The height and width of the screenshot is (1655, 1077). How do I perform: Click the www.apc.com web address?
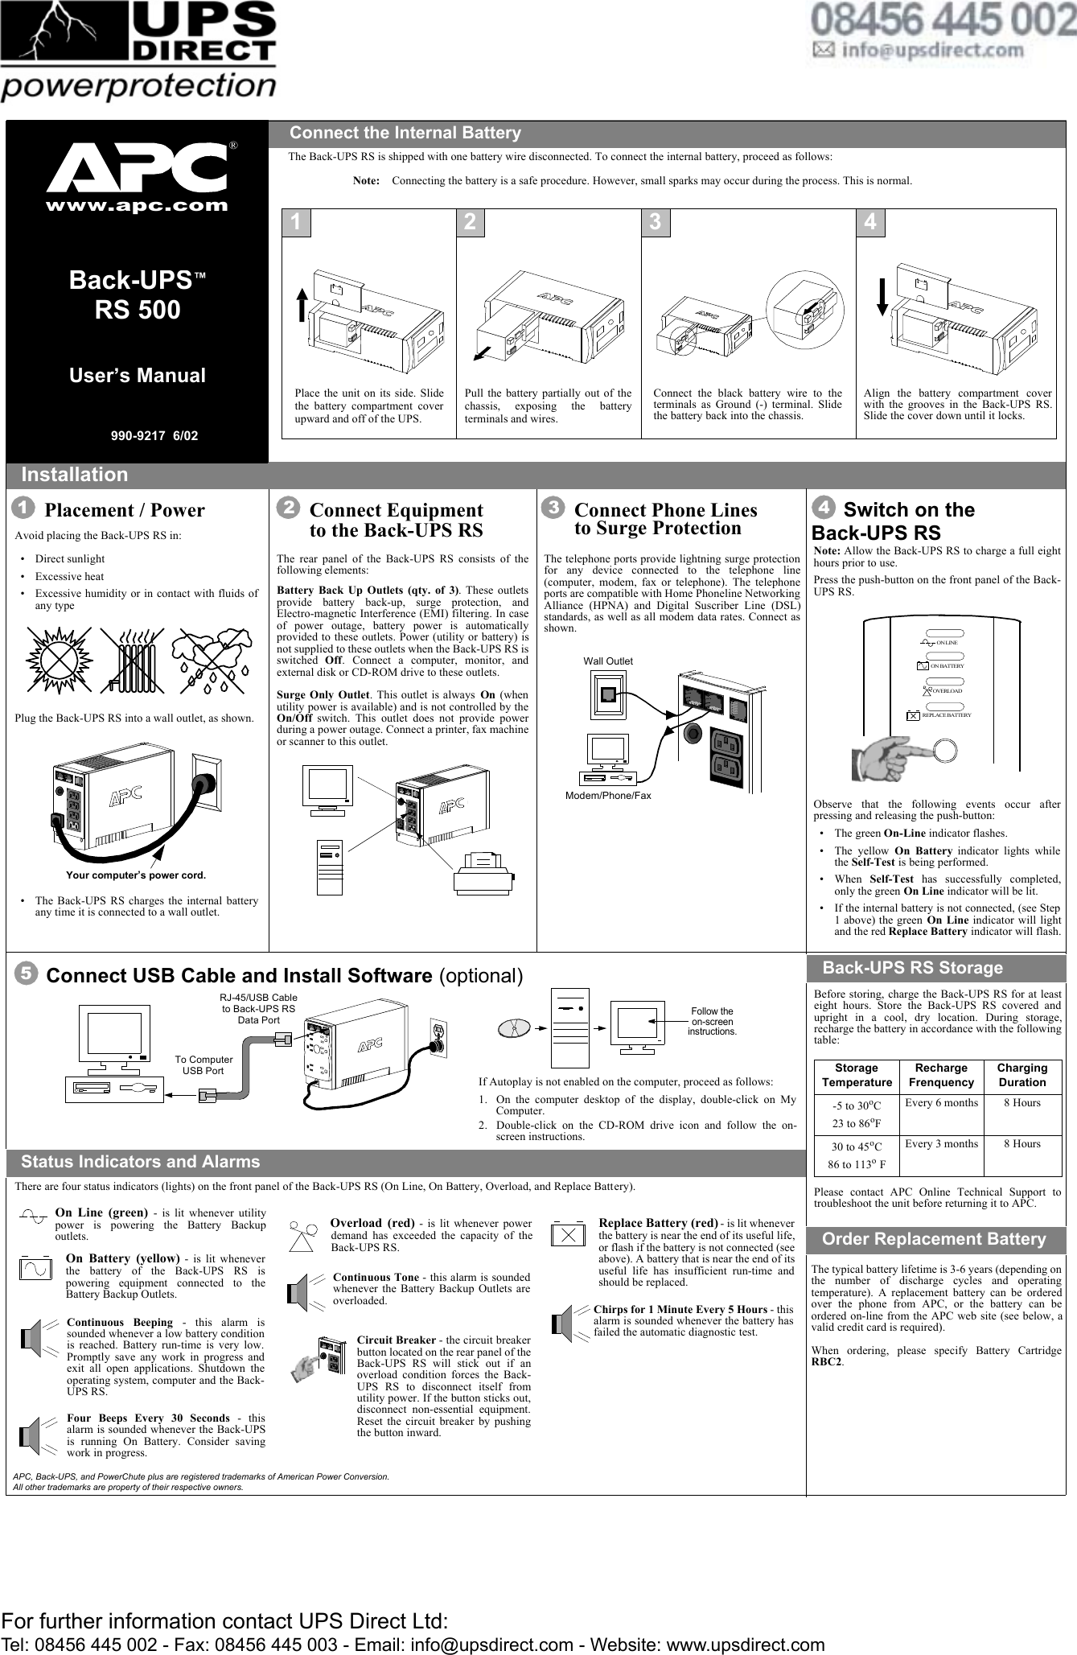(x=137, y=205)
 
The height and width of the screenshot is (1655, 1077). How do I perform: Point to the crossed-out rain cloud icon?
(x=212, y=659)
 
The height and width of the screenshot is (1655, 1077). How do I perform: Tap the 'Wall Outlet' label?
(x=608, y=661)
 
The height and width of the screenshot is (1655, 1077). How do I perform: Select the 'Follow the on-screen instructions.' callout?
(x=712, y=1021)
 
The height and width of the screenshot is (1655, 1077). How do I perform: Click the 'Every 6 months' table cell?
(x=941, y=1102)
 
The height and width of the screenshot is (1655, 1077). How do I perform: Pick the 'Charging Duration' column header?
(x=1022, y=1075)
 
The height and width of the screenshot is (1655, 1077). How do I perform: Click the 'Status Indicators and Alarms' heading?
(x=141, y=1162)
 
